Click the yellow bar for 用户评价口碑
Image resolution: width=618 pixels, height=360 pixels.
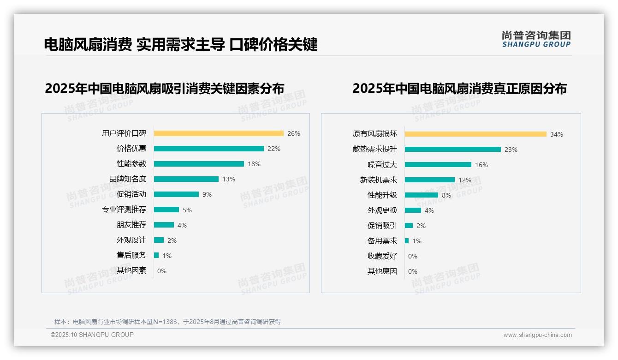(219, 133)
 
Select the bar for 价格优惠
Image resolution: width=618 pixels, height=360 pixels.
(208, 149)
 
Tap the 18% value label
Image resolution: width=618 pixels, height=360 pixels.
(254, 164)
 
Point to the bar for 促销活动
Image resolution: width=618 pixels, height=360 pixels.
(176, 194)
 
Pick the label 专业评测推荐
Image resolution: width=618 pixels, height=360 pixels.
(124, 210)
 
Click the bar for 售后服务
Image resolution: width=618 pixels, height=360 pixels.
(156, 255)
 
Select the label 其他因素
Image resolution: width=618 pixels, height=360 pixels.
(131, 270)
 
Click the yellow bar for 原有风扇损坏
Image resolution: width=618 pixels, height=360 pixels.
(475, 134)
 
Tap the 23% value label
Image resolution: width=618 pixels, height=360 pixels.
(511, 150)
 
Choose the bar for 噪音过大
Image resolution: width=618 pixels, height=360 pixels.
(438, 165)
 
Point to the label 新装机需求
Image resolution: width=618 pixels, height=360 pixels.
(378, 180)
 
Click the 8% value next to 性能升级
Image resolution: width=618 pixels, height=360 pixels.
(446, 195)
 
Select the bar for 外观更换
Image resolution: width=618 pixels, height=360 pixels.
(413, 210)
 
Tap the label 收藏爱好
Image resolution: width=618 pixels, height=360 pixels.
(382, 256)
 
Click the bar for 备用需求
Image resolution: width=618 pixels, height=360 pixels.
(407, 241)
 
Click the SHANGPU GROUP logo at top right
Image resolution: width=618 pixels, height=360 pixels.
(536, 39)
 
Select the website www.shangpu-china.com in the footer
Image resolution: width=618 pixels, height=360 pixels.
(537, 335)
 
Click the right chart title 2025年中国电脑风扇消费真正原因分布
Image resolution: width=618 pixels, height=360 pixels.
(459, 88)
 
